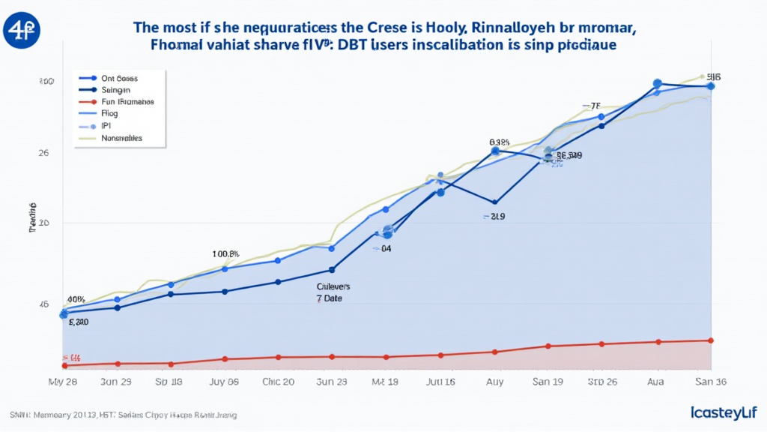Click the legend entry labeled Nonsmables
(121, 139)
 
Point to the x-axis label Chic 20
(278, 382)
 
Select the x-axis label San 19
(548, 382)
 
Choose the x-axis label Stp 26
(601, 382)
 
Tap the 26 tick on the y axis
(44, 153)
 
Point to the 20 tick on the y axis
(44, 223)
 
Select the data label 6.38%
(499, 142)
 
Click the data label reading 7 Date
(327, 298)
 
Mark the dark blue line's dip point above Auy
(494, 202)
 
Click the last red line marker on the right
(710, 340)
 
